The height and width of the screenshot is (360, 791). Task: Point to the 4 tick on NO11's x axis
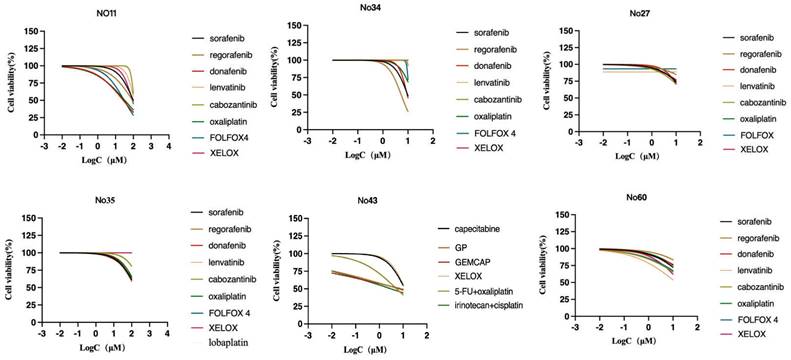point(167,147)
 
